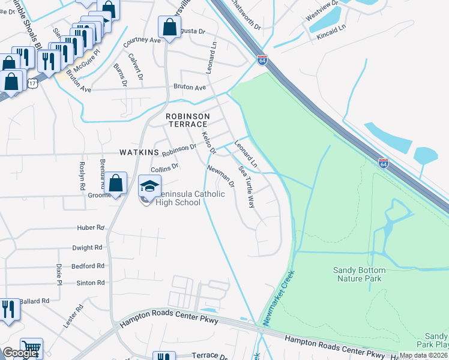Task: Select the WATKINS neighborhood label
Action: point(139,152)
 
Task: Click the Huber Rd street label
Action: point(91,228)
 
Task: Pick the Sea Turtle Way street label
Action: point(247,187)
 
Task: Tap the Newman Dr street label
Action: point(220,176)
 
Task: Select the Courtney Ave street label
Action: point(142,41)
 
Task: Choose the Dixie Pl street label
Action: point(59,274)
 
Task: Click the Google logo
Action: point(20,353)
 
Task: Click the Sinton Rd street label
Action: point(90,283)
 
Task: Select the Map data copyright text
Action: point(424,355)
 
